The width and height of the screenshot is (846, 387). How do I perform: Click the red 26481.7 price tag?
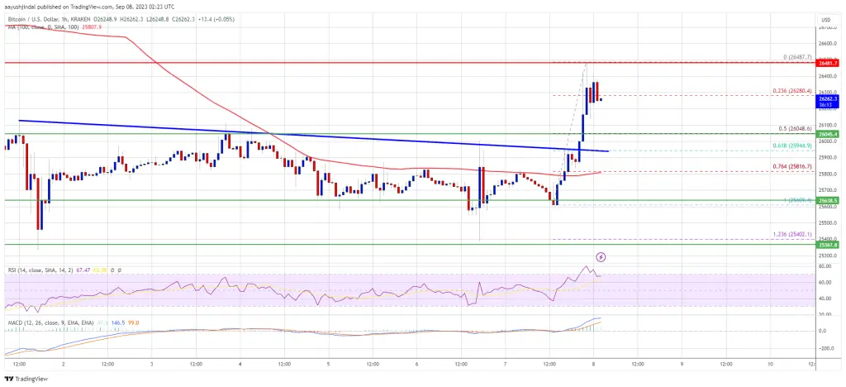pos(829,62)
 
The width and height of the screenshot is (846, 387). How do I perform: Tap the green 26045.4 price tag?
pos(829,133)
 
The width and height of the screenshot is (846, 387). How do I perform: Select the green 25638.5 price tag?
pos(829,200)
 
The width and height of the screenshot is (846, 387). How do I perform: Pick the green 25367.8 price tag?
pos(829,245)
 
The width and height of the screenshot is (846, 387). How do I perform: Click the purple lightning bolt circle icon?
pos(601,257)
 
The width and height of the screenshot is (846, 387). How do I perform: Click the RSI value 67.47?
pos(80,270)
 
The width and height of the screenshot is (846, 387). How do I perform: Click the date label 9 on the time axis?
pos(682,362)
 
